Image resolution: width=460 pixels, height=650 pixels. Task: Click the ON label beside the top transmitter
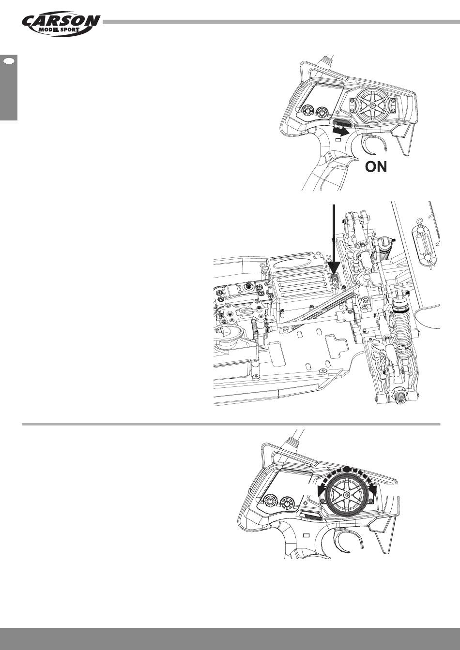tap(376, 168)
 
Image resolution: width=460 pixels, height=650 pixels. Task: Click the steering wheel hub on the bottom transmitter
tap(347, 496)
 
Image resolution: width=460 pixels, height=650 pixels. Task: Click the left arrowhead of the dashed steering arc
tap(320, 492)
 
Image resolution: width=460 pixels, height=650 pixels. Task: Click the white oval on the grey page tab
tap(9, 61)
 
